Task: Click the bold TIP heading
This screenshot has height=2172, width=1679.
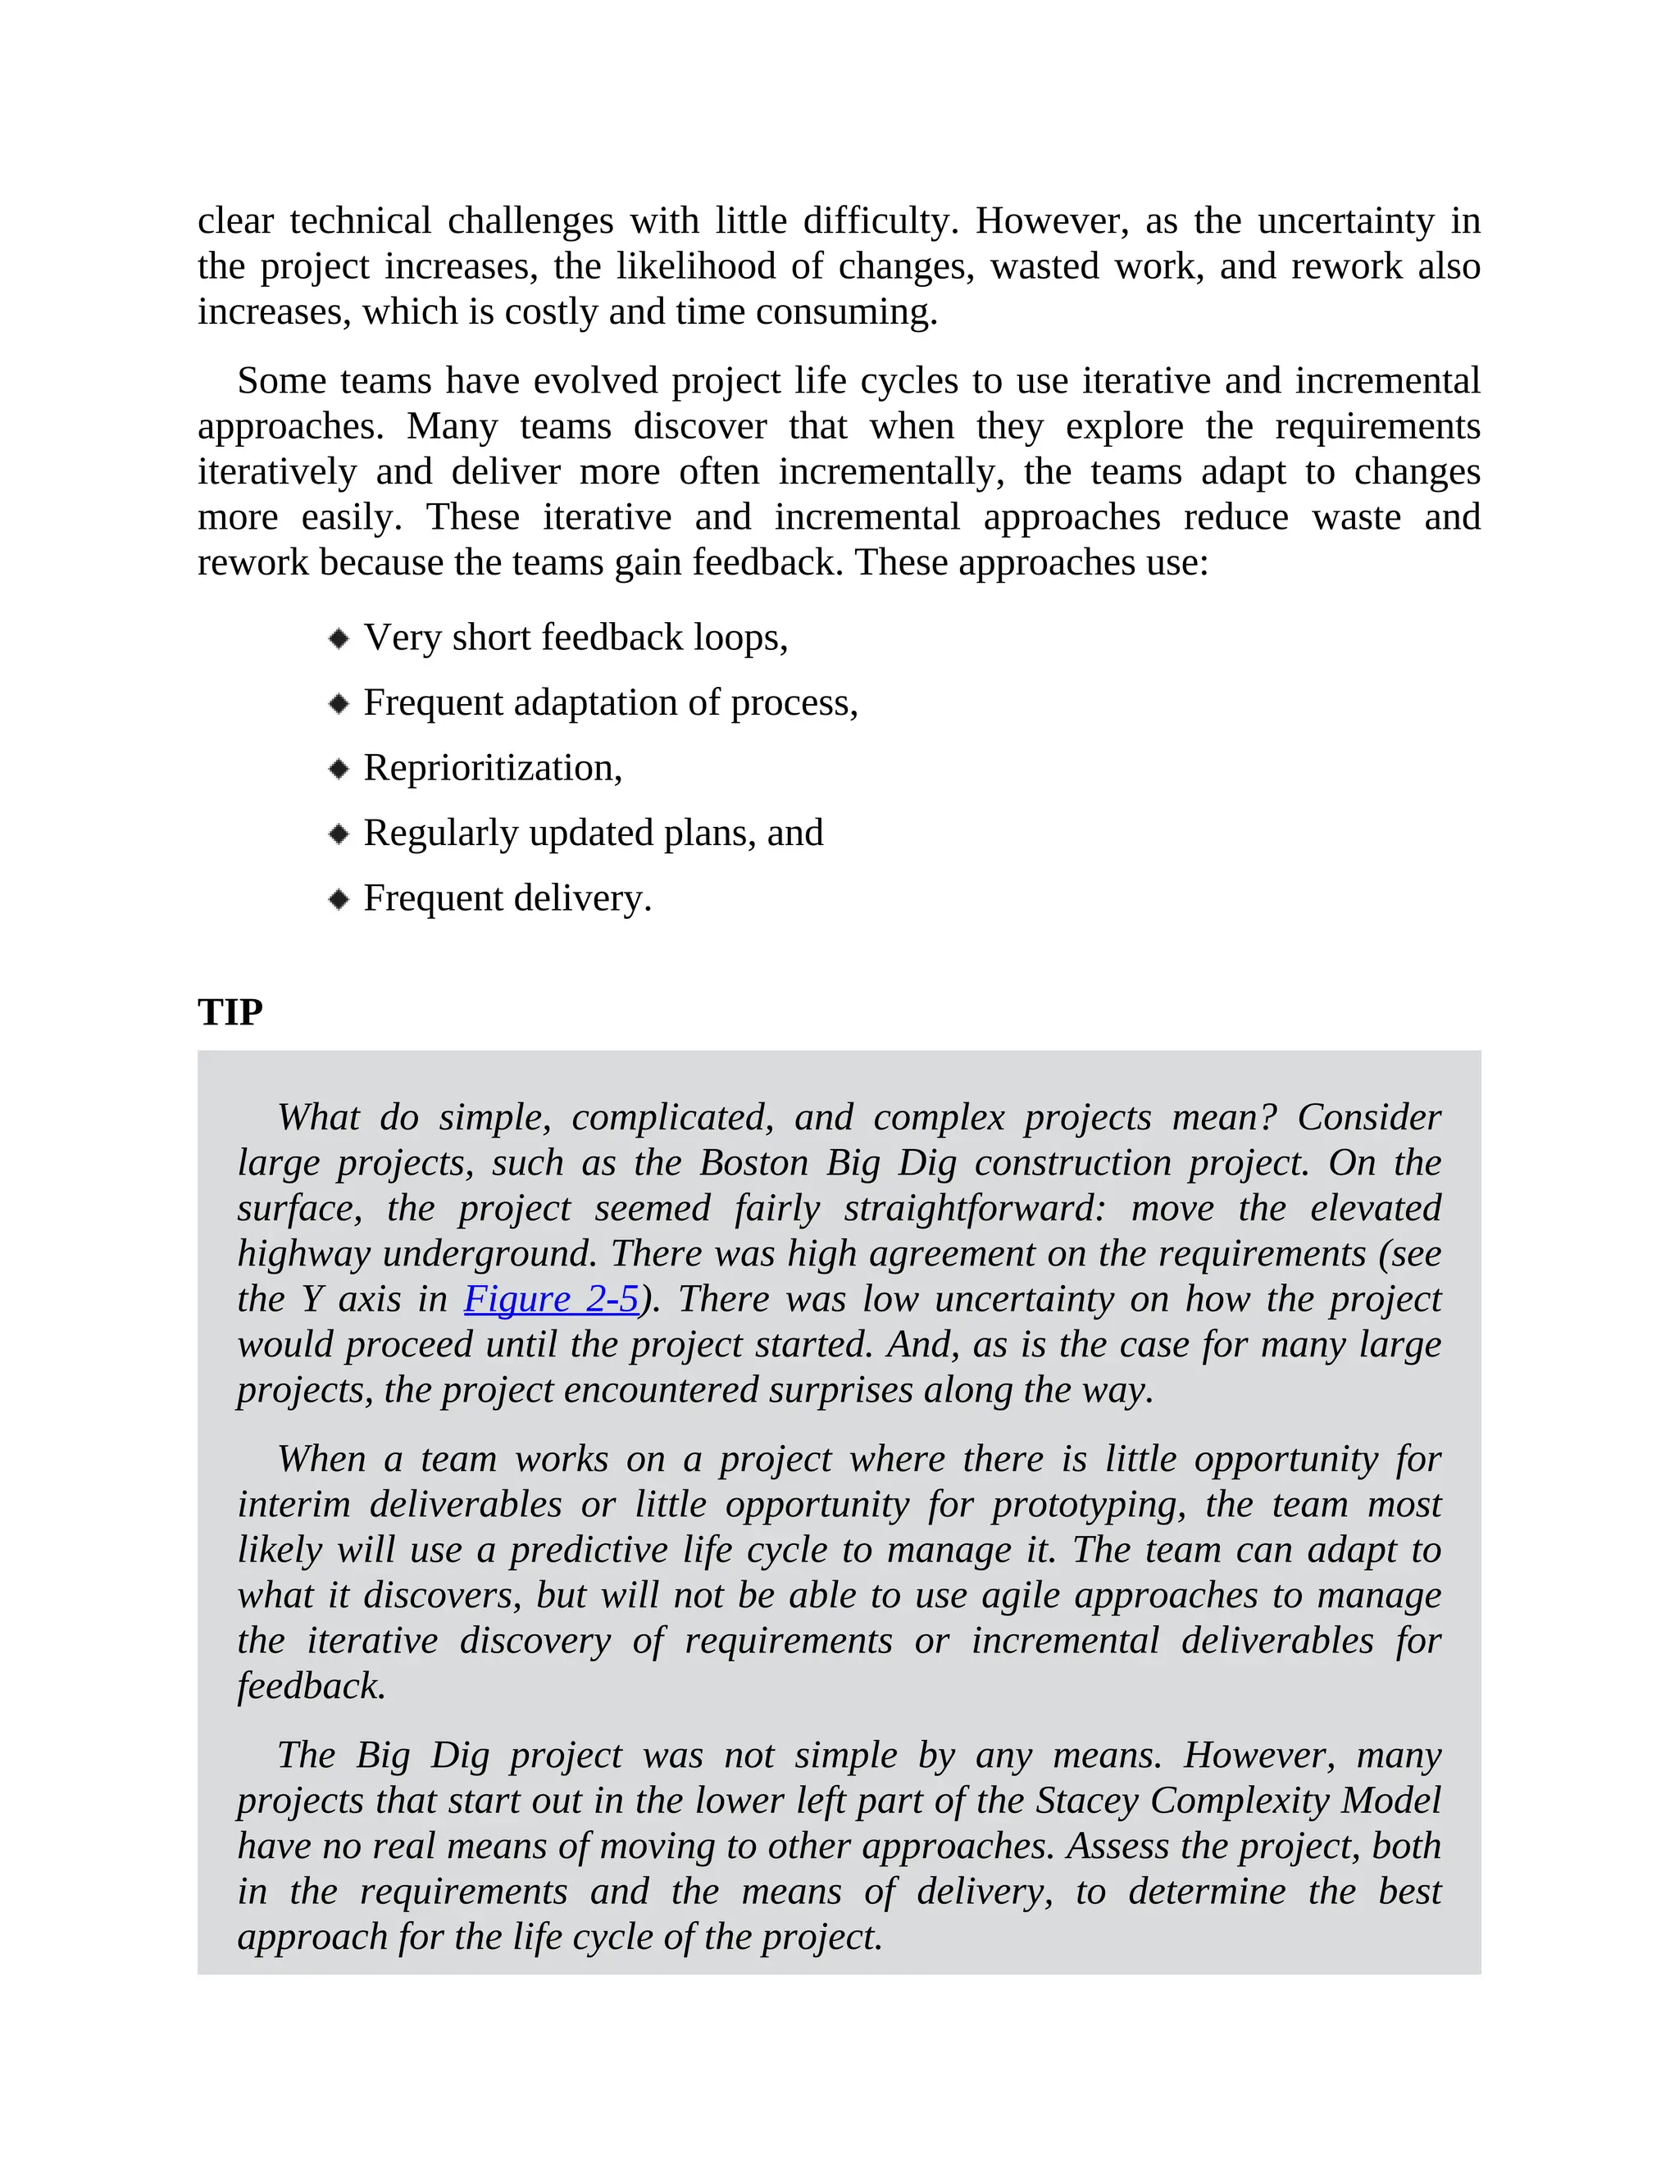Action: [x=230, y=1011]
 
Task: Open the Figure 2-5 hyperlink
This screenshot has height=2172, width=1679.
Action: [x=551, y=1299]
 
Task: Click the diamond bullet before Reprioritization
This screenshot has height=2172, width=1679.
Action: [x=339, y=769]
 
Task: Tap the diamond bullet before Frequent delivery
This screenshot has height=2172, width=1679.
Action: [x=339, y=899]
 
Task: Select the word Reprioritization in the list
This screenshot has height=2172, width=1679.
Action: [x=491, y=768]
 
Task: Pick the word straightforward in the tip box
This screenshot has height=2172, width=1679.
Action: [x=975, y=1208]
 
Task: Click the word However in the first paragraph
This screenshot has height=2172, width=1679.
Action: [x=1051, y=220]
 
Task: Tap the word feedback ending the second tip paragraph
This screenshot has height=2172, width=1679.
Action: [x=311, y=1686]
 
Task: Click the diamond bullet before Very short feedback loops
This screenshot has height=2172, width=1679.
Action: [x=339, y=638]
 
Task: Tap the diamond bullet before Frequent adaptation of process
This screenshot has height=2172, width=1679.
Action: [x=339, y=704]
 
